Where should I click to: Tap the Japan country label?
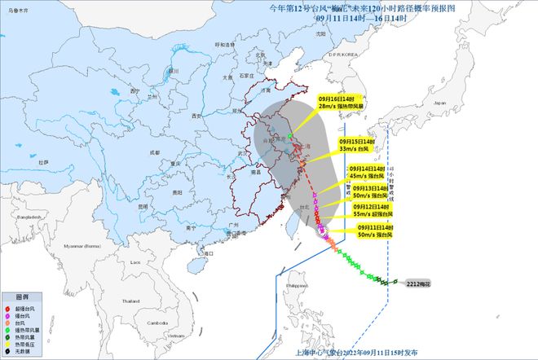pos(440,104)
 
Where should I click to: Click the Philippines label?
pos(303,286)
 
